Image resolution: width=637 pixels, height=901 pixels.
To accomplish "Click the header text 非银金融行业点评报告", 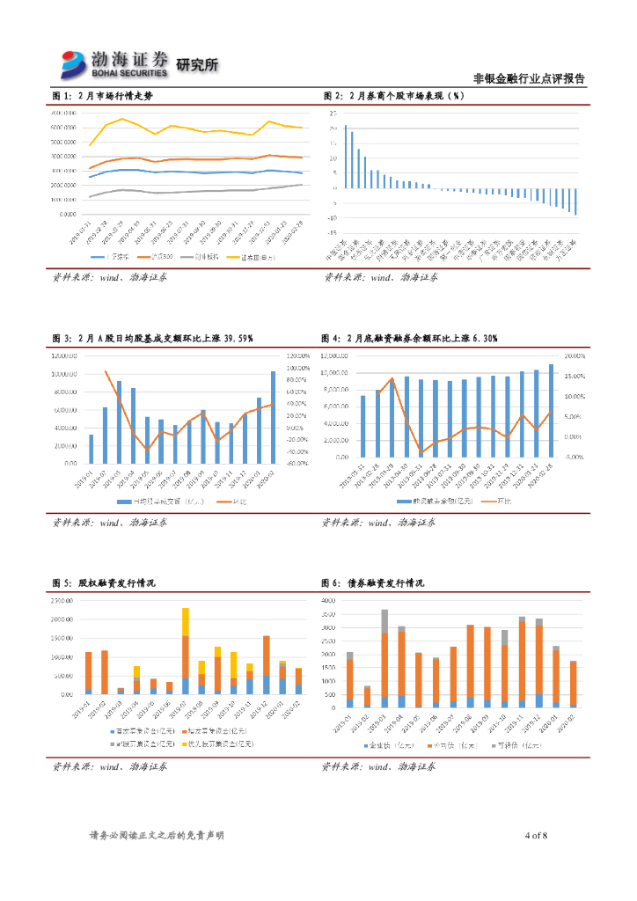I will [x=529, y=78].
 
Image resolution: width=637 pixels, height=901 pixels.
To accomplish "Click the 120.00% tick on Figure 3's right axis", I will [x=297, y=355].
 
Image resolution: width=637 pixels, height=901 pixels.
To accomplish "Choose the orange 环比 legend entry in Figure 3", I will [x=234, y=502].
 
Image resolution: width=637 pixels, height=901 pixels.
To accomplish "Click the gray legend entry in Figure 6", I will [x=519, y=744].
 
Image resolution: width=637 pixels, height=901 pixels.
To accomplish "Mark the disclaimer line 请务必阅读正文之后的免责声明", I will [x=157, y=835].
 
